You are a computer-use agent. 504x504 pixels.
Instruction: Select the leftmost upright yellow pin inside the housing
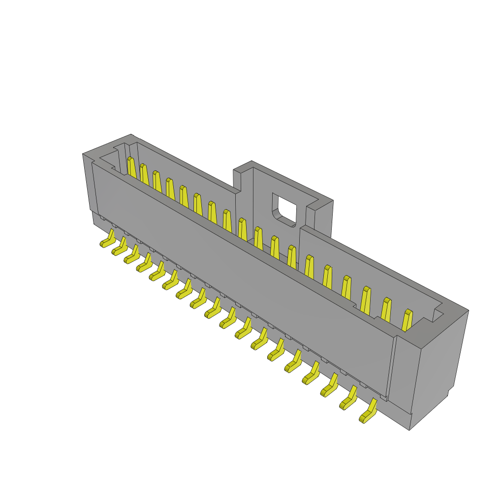pos(132,168)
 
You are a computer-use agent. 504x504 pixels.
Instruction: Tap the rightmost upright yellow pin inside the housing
pos(407,320)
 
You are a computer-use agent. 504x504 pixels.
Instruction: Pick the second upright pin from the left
pos(144,175)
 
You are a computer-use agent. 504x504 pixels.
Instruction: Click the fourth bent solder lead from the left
pos(145,264)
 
